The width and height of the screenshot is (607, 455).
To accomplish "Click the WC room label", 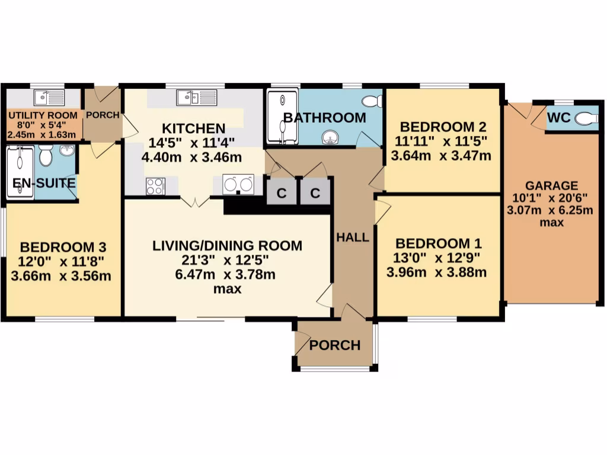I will click(558, 118).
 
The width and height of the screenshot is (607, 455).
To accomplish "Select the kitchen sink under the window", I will click(191, 97).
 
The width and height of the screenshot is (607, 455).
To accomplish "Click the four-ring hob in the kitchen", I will click(155, 186).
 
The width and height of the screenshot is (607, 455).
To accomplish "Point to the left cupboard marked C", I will click(282, 193).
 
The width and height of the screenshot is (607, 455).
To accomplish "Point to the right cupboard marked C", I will click(315, 193).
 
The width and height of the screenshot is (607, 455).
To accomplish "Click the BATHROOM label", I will click(324, 117).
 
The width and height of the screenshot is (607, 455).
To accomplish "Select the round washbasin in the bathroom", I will click(330, 137).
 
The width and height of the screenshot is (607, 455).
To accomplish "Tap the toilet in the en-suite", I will click(46, 156).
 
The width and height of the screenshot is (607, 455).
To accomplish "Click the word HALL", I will click(353, 238).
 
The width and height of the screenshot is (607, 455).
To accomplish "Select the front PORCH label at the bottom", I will click(335, 345).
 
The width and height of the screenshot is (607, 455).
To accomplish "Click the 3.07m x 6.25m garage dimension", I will click(550, 210).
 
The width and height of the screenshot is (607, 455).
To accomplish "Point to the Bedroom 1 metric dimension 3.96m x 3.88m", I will click(436, 273).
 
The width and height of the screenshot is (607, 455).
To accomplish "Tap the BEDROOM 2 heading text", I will click(443, 127).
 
